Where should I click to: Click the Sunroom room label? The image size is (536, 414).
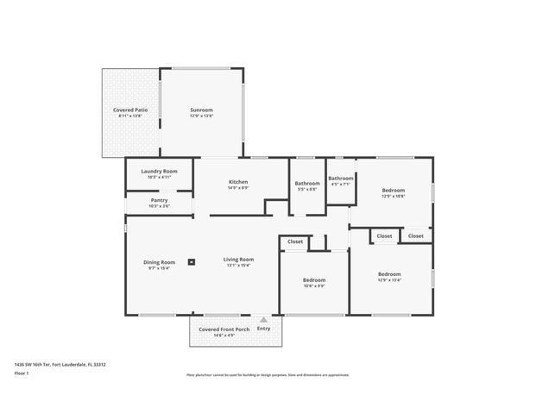(201, 110)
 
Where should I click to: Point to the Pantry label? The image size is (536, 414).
(159, 201)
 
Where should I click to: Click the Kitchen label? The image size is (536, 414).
(238, 182)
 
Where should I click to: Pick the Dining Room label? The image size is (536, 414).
(160, 262)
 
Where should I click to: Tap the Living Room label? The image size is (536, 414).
(238, 260)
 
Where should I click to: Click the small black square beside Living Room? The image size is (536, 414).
(192, 263)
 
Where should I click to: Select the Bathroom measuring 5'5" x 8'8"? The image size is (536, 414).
(307, 183)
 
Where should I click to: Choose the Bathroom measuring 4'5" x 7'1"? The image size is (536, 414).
(341, 178)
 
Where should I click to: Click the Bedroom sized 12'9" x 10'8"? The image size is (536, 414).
(393, 190)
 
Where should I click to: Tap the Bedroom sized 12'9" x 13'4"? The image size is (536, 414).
(389, 274)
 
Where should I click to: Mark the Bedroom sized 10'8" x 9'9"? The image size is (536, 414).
(313, 280)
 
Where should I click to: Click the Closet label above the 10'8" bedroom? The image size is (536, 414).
(295, 241)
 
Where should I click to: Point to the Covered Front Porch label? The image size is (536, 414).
(224, 329)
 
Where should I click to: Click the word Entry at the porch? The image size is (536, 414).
(263, 328)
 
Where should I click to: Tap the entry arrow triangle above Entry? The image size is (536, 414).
(263, 319)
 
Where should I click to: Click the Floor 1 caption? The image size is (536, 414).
(22, 373)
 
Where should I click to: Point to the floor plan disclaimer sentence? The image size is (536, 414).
(268, 375)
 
